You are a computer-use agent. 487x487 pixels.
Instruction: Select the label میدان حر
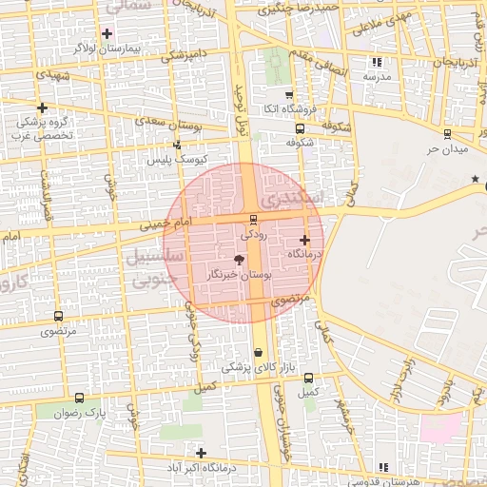pos(447,150)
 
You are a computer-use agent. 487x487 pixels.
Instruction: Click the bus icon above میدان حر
pos(447,134)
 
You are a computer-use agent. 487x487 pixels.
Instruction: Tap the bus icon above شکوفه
pos(301,128)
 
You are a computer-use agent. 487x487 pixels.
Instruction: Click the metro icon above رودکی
pos(252,219)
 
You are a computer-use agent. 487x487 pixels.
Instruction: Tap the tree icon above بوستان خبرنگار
pos(239,260)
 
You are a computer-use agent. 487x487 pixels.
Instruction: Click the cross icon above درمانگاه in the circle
pos(304,240)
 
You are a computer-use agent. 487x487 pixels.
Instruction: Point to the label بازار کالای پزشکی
pos(260,366)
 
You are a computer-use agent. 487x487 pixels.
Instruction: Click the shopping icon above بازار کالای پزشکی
pos(259,351)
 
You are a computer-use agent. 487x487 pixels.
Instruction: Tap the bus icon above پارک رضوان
pos(79,399)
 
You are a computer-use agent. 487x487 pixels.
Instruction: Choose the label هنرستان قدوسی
pos(384,481)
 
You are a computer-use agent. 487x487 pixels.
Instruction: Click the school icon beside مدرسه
pos(377,62)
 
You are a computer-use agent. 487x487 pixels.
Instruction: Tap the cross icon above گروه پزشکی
pos(42,107)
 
